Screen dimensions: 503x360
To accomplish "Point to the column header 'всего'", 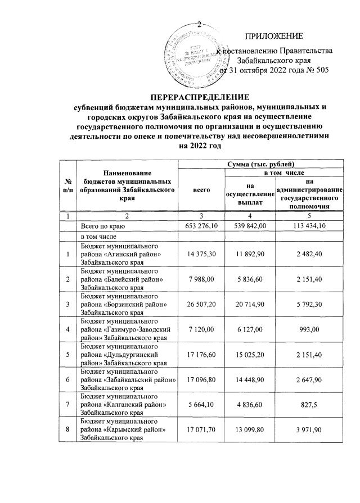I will (x=201, y=191).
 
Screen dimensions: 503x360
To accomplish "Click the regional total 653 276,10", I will (x=201, y=226).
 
